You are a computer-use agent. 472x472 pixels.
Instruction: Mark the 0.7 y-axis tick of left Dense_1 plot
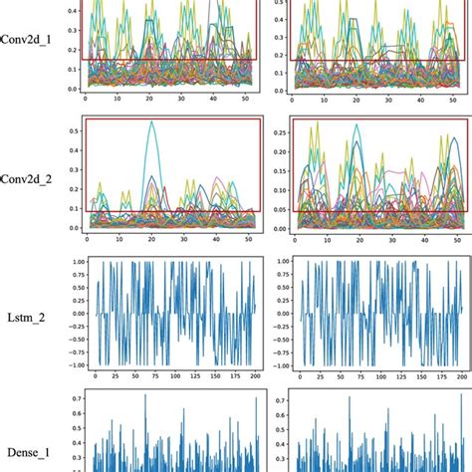coord(72,397)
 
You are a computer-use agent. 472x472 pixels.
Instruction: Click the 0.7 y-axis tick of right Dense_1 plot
coord(275,397)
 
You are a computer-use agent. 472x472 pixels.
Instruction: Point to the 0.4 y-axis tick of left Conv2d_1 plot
coord(72,12)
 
